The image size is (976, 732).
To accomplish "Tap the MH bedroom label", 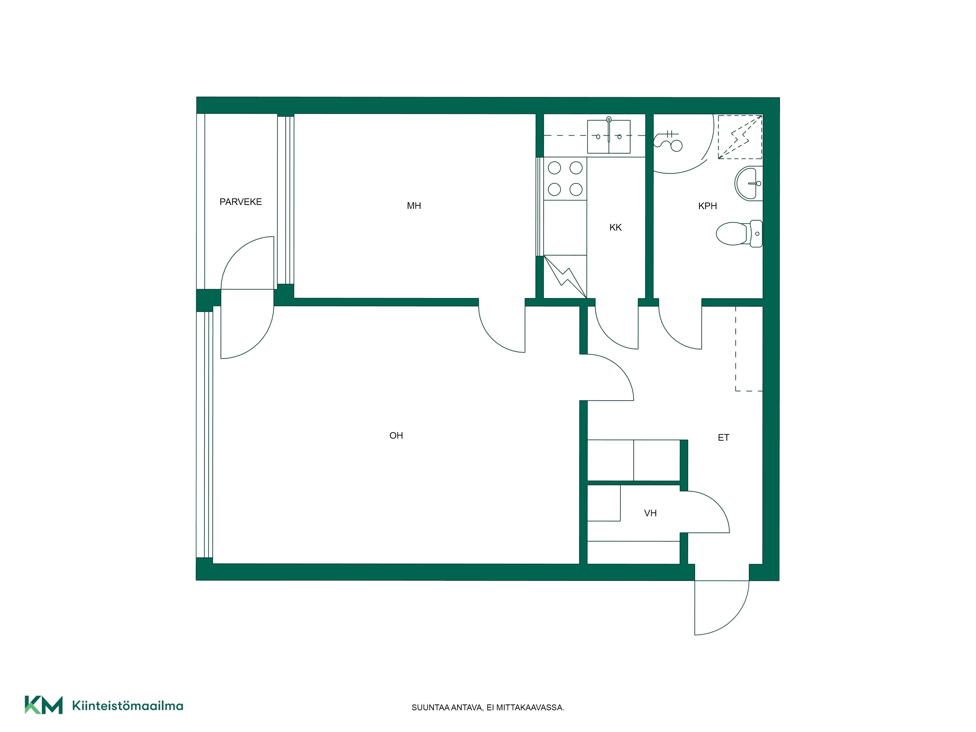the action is coord(414,206).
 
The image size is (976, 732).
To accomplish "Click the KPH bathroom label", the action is coord(707,206).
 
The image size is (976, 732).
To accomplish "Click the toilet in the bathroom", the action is coord(739,234).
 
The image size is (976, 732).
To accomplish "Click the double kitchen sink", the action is coord(609,137).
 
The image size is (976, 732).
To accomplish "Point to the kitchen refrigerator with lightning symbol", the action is coord(565,277).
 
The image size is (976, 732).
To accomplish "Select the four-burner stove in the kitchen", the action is coord(565,179).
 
